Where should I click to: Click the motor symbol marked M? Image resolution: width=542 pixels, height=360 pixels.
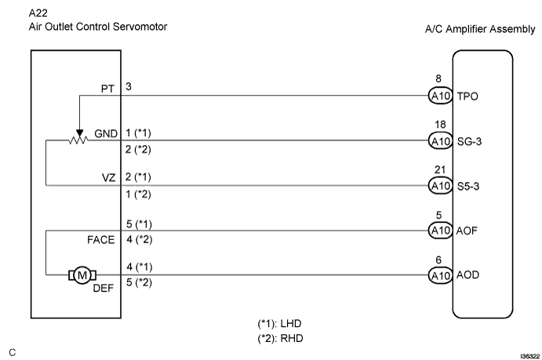(x=81, y=275)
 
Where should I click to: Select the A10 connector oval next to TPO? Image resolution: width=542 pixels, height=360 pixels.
(x=438, y=96)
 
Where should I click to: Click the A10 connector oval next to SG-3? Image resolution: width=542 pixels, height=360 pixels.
(x=438, y=141)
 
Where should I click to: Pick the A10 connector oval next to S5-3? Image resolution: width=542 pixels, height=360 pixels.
(x=438, y=186)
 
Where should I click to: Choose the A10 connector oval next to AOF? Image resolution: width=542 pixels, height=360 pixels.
(x=438, y=231)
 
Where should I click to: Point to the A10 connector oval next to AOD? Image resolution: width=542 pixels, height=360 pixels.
(x=438, y=275)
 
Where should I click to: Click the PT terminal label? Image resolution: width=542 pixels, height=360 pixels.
(x=107, y=89)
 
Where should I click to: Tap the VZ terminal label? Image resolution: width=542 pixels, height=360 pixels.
(x=107, y=179)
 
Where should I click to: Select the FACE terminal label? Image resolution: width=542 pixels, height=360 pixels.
(x=101, y=238)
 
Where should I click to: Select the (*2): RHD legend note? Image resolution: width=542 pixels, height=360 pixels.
(x=279, y=339)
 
